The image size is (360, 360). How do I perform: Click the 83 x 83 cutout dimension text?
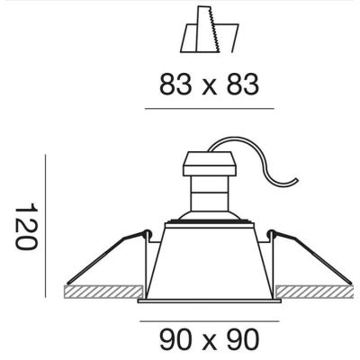(209, 85)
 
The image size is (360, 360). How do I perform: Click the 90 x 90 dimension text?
(209, 339)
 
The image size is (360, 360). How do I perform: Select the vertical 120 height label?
(26, 227)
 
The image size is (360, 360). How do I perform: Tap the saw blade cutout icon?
(210, 30)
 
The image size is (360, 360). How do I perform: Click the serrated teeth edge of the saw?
(215, 30)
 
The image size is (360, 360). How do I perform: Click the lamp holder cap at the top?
(210, 164)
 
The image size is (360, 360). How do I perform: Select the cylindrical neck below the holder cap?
(210, 193)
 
